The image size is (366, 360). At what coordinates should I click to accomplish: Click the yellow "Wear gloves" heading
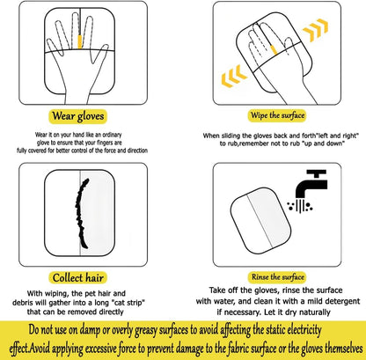click(77, 116)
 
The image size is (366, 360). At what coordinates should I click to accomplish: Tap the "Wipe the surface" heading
click(277, 115)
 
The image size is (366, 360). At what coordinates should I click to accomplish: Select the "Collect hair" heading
click(77, 277)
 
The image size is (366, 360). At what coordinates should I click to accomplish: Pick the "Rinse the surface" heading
click(277, 277)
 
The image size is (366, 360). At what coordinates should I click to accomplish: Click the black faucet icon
click(311, 183)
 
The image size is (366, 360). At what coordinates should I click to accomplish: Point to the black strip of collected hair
click(81, 213)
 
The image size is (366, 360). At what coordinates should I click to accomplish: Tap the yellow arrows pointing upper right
click(316, 30)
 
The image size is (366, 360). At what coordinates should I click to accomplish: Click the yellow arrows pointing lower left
click(234, 76)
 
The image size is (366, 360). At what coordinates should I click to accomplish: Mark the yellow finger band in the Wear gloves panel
click(79, 41)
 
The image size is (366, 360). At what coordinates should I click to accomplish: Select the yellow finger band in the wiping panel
click(274, 49)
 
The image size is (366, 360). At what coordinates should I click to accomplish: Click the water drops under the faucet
click(300, 205)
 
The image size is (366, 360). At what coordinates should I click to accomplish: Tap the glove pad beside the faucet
click(260, 221)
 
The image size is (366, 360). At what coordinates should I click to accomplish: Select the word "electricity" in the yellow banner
click(304, 330)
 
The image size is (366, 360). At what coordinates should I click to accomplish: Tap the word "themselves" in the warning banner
click(344, 349)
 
